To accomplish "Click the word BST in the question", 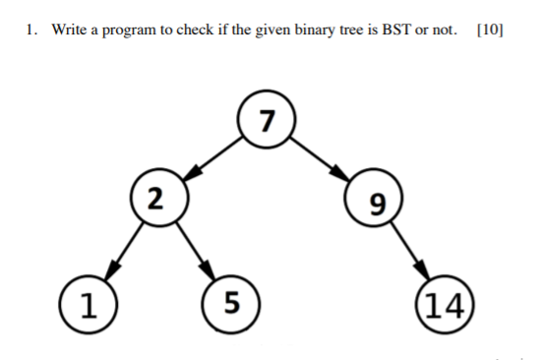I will [388, 30].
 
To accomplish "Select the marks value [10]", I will [489, 30].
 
